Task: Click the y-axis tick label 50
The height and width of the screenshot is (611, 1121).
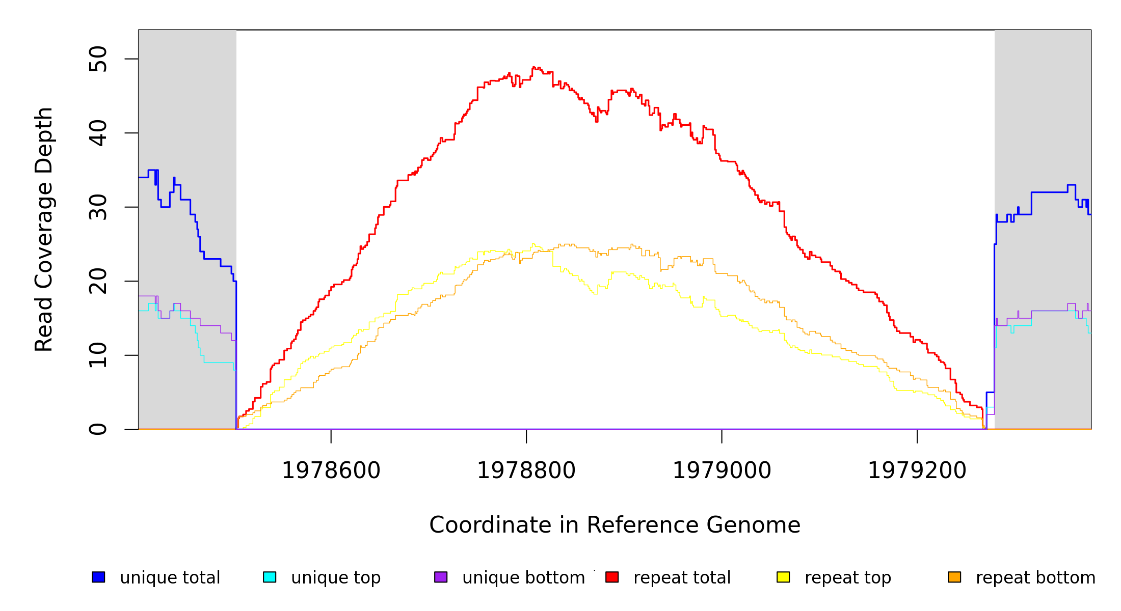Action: (x=98, y=59)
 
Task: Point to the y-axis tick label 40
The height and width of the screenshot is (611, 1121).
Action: (x=98, y=133)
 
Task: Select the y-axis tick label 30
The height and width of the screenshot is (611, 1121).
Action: (x=98, y=207)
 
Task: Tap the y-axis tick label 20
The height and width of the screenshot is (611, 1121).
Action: (x=98, y=281)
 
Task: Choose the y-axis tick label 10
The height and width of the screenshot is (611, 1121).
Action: (x=98, y=355)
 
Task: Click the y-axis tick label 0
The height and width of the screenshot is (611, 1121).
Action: (x=98, y=429)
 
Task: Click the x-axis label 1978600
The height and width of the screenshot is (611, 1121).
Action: (x=331, y=471)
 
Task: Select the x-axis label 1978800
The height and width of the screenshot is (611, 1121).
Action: (x=526, y=471)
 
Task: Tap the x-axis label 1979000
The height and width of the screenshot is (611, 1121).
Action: (x=722, y=471)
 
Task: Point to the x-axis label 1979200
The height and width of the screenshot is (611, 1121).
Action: (x=917, y=471)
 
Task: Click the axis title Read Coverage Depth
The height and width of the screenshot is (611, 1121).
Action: (x=44, y=229)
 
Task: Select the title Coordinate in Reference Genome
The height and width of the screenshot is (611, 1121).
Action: (x=615, y=525)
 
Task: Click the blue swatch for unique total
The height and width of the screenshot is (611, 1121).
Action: (x=98, y=577)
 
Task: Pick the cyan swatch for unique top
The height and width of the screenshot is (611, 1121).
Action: (x=270, y=577)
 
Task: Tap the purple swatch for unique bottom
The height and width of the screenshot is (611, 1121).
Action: (x=441, y=577)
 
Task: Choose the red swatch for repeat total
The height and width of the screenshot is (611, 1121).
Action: (x=612, y=577)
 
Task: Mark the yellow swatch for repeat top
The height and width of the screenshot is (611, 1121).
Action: (x=783, y=577)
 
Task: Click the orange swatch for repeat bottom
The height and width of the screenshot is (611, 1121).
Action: (x=954, y=577)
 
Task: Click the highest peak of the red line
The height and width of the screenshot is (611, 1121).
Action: (x=533, y=67)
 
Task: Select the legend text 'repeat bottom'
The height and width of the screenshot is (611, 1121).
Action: (x=1035, y=578)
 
